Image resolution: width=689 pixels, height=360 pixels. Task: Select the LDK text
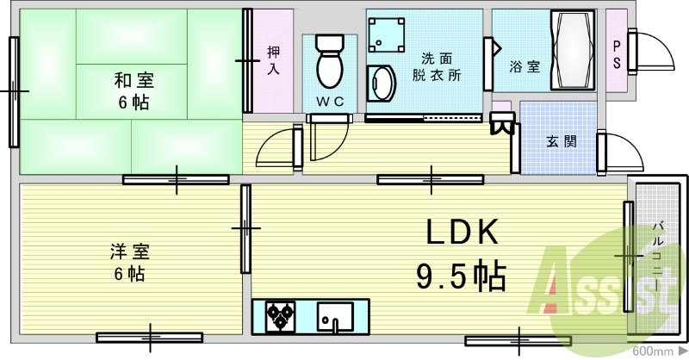pos(461,233)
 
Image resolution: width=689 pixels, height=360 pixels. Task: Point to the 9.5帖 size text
pos(461,276)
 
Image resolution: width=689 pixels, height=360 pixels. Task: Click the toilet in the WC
pos(329,60)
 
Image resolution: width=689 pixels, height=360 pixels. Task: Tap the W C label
pos(329,102)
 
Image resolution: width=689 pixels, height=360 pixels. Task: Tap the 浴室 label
pos(525,65)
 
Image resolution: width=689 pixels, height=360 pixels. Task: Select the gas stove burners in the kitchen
pos(279,316)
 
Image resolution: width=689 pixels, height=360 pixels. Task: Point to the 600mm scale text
pos(653,351)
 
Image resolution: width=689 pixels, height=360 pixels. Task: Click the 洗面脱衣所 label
pos(436,66)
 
